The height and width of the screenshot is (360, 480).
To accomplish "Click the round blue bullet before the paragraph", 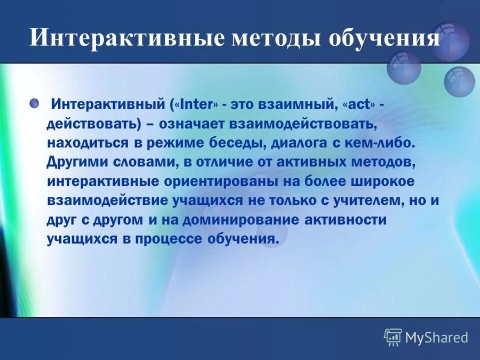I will pyautogui.click(x=34, y=103).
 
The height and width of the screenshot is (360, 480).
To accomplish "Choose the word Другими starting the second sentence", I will pyautogui.click(x=77, y=162).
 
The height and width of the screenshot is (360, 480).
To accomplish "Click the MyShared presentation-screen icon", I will pyautogui.click(x=392, y=337).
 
